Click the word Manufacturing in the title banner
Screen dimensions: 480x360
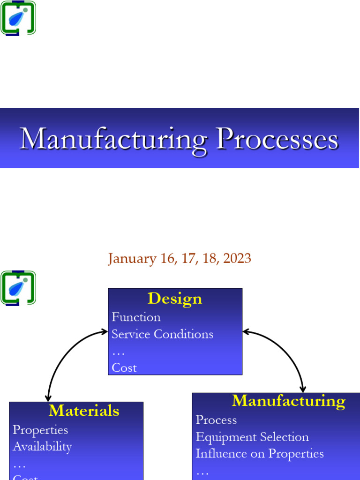coord(113,139)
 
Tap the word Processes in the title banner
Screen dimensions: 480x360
coord(277,139)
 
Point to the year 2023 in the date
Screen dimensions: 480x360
coord(237,258)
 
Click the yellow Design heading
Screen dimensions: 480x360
coord(174,299)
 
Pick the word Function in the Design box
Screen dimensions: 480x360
coord(136,317)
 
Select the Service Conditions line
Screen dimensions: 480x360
coord(162,334)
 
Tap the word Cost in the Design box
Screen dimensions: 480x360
coord(124,368)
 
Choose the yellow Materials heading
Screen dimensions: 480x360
coord(84,411)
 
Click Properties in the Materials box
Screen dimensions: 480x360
coord(40,430)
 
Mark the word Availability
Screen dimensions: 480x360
coord(42,447)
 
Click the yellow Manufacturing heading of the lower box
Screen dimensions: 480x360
coord(288,401)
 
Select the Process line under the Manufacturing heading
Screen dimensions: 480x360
coord(216,420)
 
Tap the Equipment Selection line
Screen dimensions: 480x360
coord(252,437)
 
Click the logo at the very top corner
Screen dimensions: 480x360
coord(18,18)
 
